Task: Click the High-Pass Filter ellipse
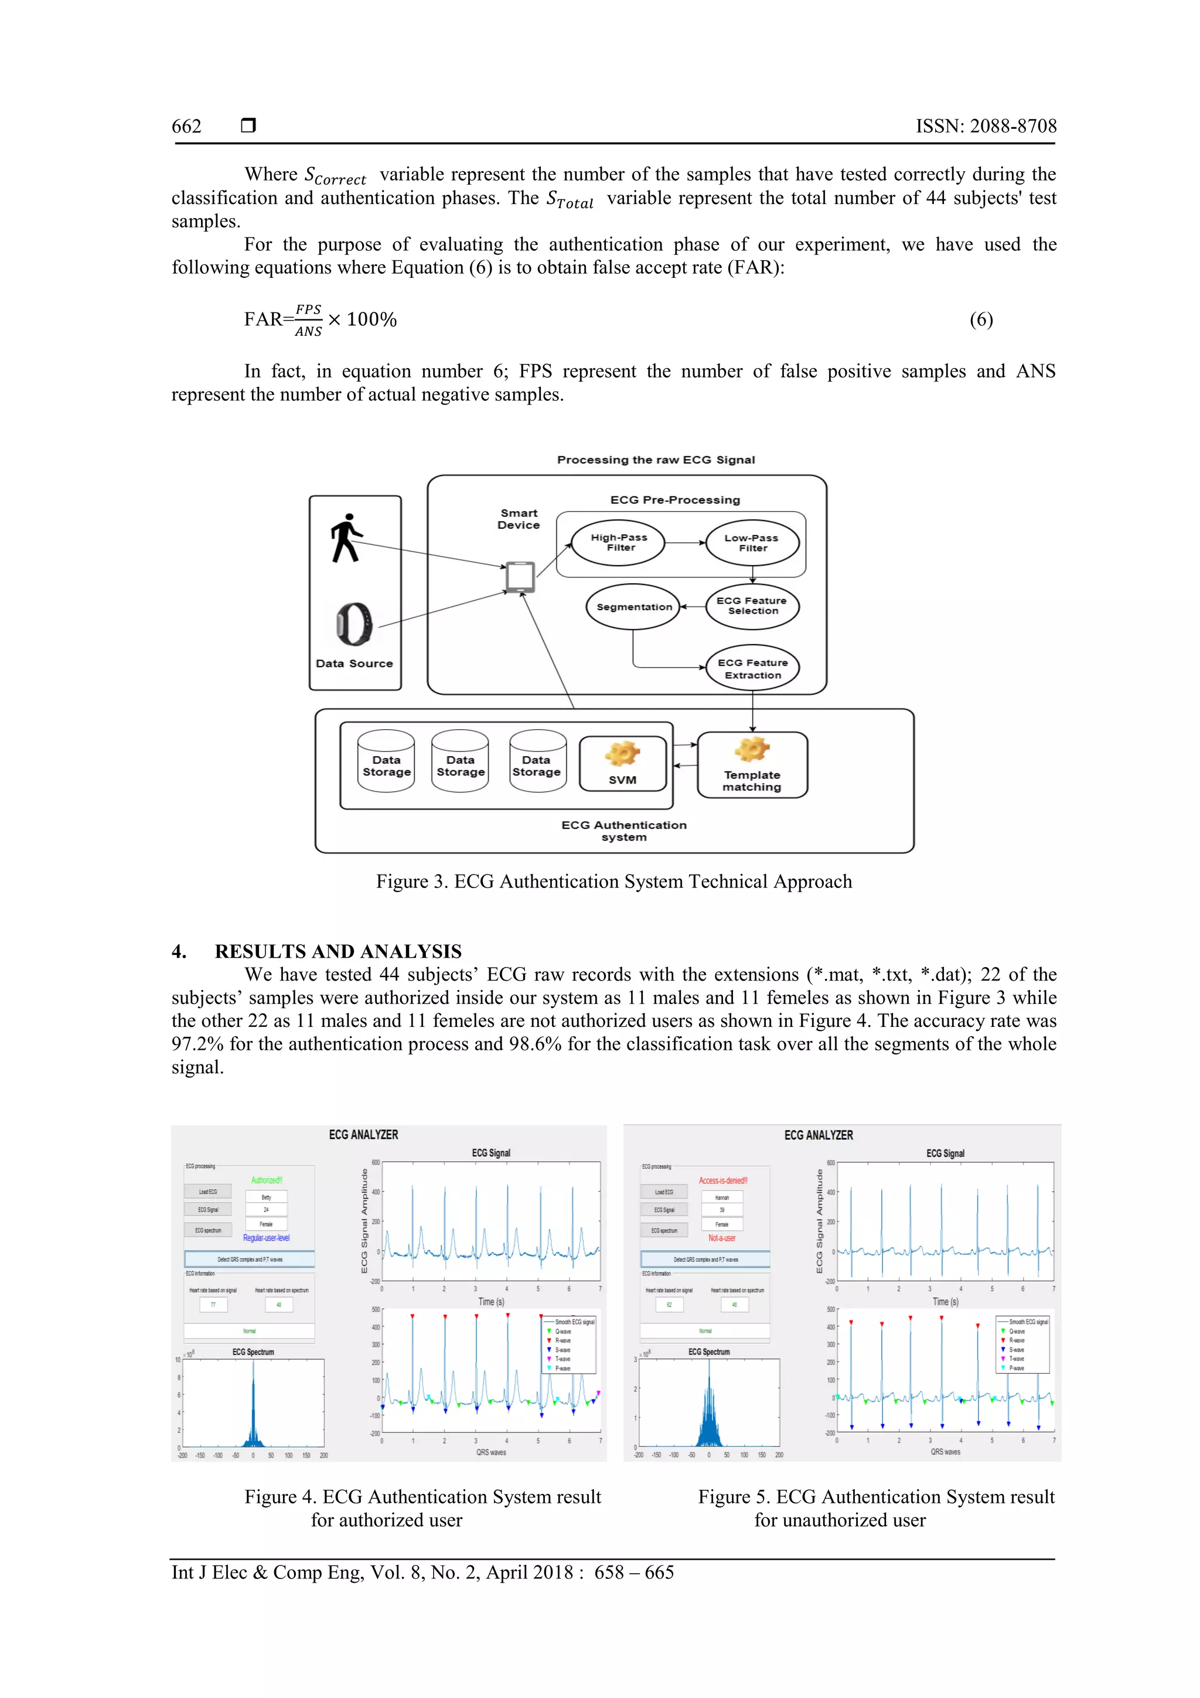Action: [618, 542]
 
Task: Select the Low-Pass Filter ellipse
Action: [752, 542]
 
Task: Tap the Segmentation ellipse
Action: [633, 607]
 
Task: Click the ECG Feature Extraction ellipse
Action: [752, 669]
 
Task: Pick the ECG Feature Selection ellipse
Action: [752, 605]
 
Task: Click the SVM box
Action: [622, 763]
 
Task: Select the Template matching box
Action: [752, 765]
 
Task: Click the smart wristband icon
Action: [354, 624]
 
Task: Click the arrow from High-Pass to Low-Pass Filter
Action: [684, 542]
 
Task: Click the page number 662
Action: [186, 127]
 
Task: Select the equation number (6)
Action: [980, 319]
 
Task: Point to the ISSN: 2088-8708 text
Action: [986, 127]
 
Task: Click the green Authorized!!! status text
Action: [266, 1180]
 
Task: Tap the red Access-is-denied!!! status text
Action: [722, 1180]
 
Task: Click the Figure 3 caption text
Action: [613, 882]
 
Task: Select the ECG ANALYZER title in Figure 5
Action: [818, 1135]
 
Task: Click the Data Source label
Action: [354, 663]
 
